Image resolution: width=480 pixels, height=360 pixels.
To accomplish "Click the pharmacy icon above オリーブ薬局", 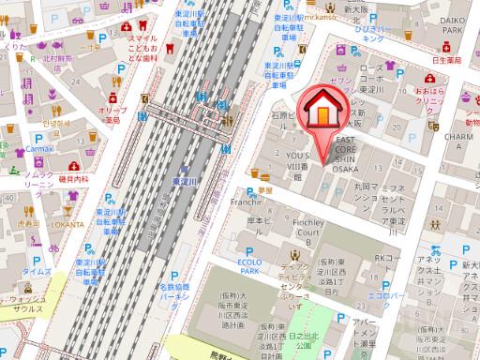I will (x=113, y=97).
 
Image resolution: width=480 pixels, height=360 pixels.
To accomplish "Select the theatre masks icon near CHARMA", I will (x=434, y=123).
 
